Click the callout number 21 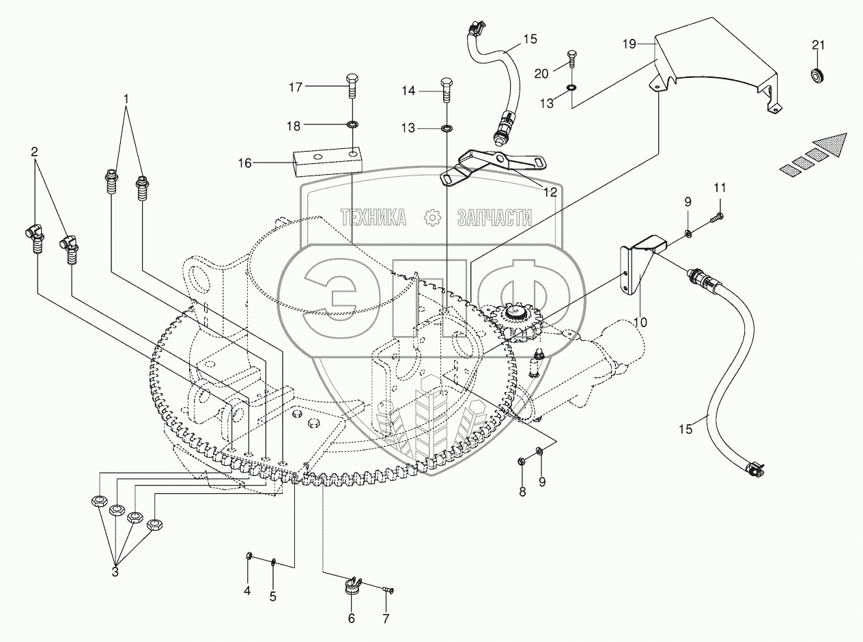pyautogui.click(x=818, y=46)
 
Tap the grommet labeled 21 pyautogui.click(x=818, y=74)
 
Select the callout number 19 pyautogui.click(x=629, y=44)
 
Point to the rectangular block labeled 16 pyautogui.click(x=325, y=164)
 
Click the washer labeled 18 pyautogui.click(x=352, y=125)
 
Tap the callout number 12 pyautogui.click(x=550, y=193)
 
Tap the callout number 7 pyautogui.click(x=385, y=619)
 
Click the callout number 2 pyautogui.click(x=34, y=151)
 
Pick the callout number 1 pyautogui.click(x=126, y=99)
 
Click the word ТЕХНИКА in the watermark pyautogui.click(x=373, y=218)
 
